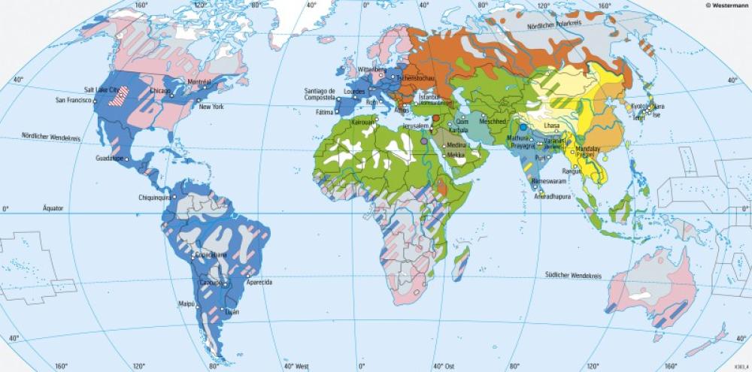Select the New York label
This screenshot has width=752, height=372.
pyautogui.click(x=213, y=107)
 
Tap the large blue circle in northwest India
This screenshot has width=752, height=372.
pyautogui.click(x=523, y=127)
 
